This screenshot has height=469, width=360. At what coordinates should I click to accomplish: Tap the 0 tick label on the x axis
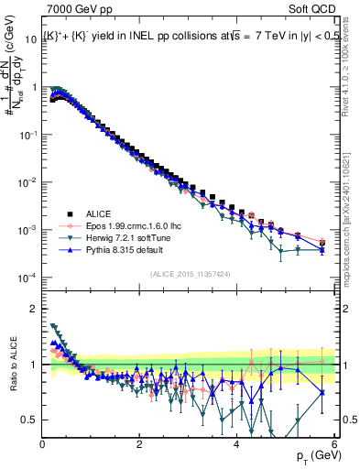42,444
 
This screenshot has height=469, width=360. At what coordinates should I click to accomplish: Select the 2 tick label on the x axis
139,444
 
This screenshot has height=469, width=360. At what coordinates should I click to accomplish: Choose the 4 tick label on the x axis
236,444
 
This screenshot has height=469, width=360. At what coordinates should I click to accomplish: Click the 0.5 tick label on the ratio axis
29,420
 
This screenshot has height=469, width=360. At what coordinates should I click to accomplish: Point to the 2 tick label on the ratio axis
35,309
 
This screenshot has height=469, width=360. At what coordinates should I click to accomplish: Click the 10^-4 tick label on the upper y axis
27,278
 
